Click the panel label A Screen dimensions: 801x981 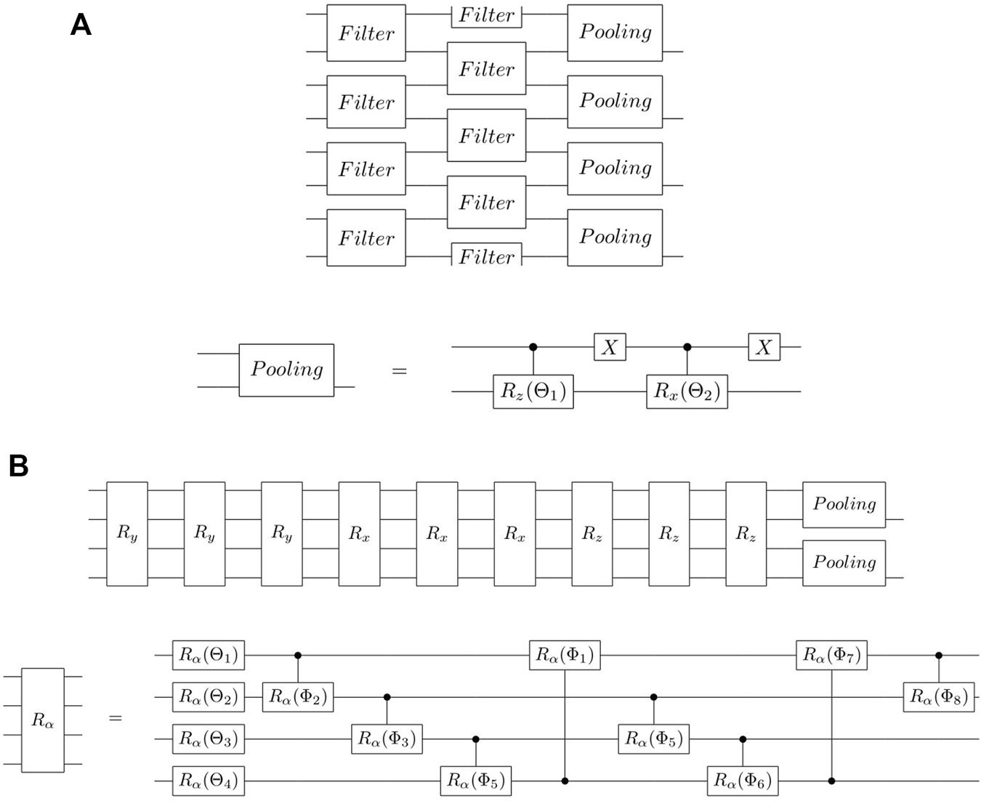pyautogui.click(x=81, y=25)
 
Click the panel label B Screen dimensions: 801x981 pyautogui.click(x=18, y=465)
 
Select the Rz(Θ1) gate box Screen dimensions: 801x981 pyautogui.click(x=533, y=391)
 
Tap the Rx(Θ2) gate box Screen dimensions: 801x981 pyautogui.click(x=687, y=391)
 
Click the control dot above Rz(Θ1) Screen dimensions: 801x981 pyautogui.click(x=533, y=347)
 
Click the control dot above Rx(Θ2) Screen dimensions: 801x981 pyautogui.click(x=687, y=347)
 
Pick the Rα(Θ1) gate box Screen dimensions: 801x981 pyautogui.click(x=209, y=656)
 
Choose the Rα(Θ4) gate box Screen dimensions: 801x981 pyautogui.click(x=209, y=781)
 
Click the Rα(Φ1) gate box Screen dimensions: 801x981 pyautogui.click(x=565, y=656)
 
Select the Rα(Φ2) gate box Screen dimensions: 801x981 pyautogui.click(x=298, y=697)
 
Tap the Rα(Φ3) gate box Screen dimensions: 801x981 pyautogui.click(x=387, y=739)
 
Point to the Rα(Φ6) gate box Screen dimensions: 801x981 pyautogui.click(x=742, y=781)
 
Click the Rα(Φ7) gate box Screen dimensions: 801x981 pyautogui.click(x=831, y=656)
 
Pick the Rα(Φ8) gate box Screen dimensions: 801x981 pyautogui.click(x=938, y=697)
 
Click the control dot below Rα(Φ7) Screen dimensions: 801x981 pyautogui.click(x=831, y=781)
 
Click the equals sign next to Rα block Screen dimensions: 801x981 pyautogui.click(x=116, y=718)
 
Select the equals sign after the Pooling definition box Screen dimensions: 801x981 pyautogui.click(x=399, y=371)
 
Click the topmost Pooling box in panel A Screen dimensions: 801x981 pyautogui.click(x=615, y=33)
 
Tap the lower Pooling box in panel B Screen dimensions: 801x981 pyautogui.click(x=844, y=563)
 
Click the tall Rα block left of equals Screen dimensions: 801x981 pyautogui.click(x=43, y=720)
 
